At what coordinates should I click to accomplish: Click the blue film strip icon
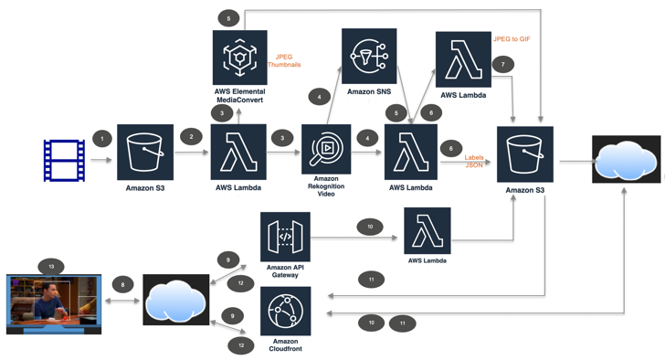[x=65, y=161]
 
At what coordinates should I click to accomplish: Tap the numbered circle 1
[x=102, y=139]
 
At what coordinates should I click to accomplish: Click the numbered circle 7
[x=502, y=64]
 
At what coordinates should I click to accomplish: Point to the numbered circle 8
[x=123, y=285]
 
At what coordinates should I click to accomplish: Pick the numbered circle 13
[x=50, y=266]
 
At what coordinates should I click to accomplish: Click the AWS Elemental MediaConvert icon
[x=239, y=58]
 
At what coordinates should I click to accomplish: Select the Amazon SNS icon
[x=369, y=56]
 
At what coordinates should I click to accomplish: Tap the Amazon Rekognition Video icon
[x=326, y=149]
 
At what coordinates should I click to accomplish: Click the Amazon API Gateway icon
[x=285, y=237]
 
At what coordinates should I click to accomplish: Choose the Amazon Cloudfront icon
[x=285, y=311]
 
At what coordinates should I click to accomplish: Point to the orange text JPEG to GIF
[x=512, y=39]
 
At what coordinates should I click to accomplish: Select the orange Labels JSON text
[x=474, y=162]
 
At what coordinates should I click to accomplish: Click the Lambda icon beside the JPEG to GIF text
[x=463, y=59]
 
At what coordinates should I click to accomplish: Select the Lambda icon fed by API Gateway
[x=427, y=230]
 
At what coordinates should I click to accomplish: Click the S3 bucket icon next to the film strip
[x=144, y=152]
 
